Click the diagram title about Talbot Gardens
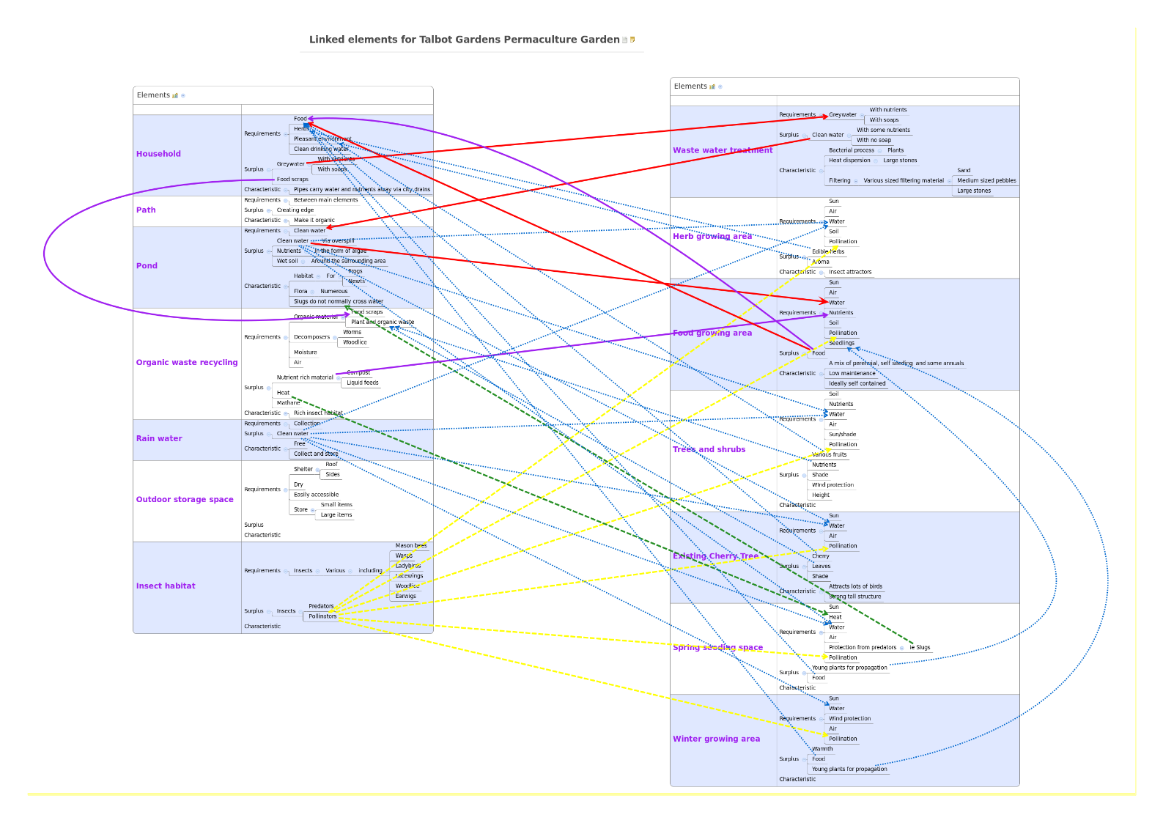(464, 40)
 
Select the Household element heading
(158, 154)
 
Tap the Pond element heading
(147, 266)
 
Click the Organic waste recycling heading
(187, 362)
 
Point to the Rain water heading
(159, 438)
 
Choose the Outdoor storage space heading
(185, 499)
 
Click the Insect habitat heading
(166, 586)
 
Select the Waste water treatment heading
(723, 150)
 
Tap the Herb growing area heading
(712, 236)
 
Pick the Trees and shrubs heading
(709, 449)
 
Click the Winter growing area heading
(716, 739)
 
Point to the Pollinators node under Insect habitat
(322, 616)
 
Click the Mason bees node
(410, 545)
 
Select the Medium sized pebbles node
(986, 180)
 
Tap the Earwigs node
(405, 596)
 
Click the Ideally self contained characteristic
(857, 383)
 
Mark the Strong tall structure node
(854, 597)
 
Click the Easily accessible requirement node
(316, 495)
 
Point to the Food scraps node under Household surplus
(292, 180)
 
